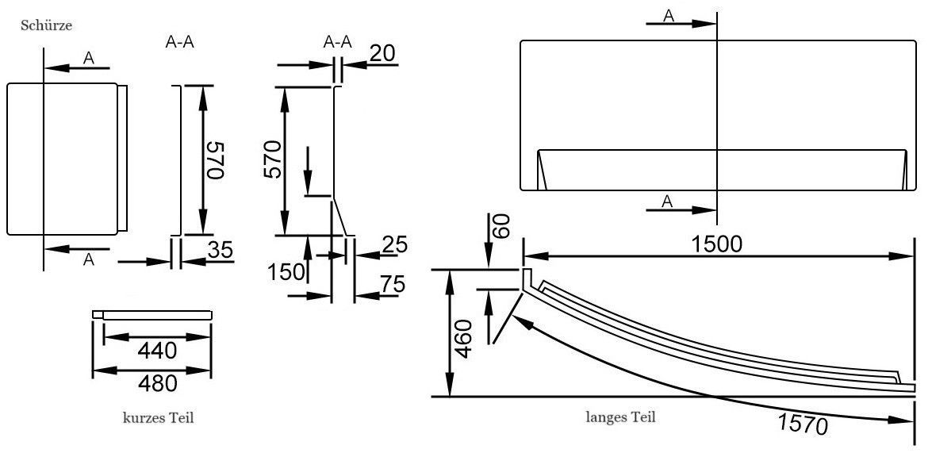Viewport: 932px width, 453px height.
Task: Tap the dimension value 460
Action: [465, 340]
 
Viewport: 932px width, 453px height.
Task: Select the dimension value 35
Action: [219, 250]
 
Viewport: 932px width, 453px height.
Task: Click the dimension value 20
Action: [382, 54]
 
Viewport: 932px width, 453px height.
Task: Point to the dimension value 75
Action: [391, 283]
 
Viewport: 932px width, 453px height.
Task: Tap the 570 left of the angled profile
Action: [272, 161]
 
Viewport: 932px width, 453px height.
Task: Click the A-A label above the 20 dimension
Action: [339, 41]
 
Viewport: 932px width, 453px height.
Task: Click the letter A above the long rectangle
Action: [669, 16]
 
